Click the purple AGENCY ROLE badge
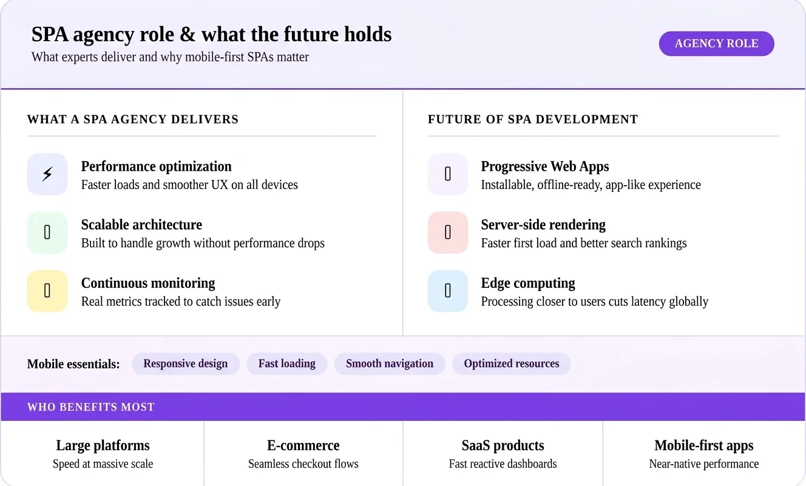click(716, 44)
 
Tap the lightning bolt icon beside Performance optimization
click(47, 174)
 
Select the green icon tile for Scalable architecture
click(47, 233)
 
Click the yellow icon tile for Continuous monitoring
click(47, 291)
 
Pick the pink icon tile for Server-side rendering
click(448, 233)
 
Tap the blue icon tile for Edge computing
click(448, 291)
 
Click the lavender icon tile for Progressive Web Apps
click(448, 174)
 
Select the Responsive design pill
click(185, 363)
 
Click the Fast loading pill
click(287, 363)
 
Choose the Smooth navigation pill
click(389, 363)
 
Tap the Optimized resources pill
click(511, 363)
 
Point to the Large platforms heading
click(103, 445)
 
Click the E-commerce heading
click(303, 445)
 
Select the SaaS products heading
click(503, 445)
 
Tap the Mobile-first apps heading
click(704, 445)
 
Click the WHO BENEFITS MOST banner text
click(90, 407)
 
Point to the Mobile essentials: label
click(73, 364)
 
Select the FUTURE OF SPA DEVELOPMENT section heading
click(533, 119)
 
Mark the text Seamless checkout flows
click(303, 464)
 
